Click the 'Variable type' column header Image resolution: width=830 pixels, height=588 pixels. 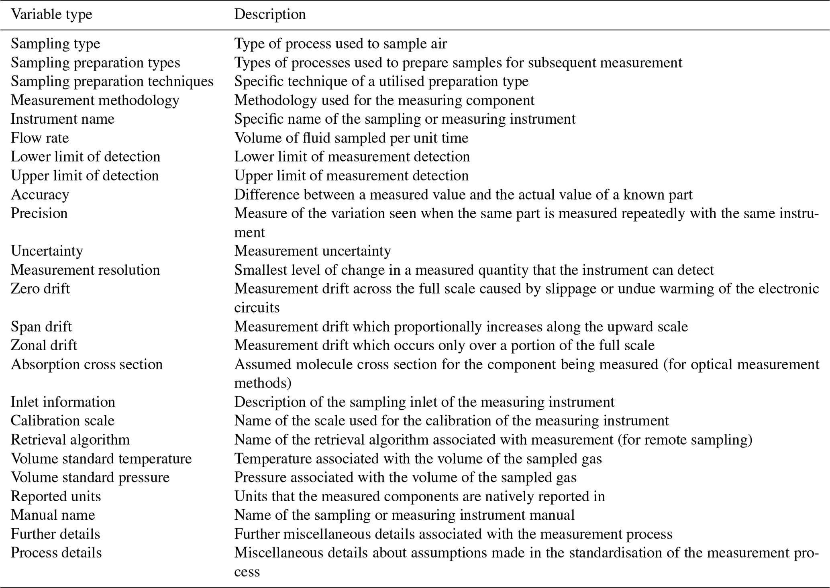[51, 14]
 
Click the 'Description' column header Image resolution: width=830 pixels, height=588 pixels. [270, 14]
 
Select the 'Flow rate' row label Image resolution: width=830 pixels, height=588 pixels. [40, 138]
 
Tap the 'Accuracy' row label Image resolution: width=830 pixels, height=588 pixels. [40, 194]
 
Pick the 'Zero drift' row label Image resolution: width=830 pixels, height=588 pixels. [40, 288]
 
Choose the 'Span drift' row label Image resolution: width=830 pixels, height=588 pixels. [41, 326]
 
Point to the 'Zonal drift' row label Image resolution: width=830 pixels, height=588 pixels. [44, 345]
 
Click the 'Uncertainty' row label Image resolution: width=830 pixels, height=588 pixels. [47, 251]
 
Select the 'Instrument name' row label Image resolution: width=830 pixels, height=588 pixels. [62, 119]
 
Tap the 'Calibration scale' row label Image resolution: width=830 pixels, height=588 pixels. [62, 421]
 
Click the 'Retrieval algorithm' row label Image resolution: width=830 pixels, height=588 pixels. [70, 439]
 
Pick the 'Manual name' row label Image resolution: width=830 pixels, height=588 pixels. [53, 515]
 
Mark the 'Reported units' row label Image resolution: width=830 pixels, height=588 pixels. [56, 496]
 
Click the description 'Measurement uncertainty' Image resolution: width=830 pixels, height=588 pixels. [312, 251]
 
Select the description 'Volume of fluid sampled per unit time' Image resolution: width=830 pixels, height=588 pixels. [351, 138]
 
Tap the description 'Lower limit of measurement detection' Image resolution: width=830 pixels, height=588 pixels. [352, 157]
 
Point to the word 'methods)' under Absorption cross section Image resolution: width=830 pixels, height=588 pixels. [263, 383]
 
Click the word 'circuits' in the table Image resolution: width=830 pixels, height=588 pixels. [257, 308]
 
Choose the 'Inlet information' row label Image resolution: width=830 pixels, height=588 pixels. [63, 402]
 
